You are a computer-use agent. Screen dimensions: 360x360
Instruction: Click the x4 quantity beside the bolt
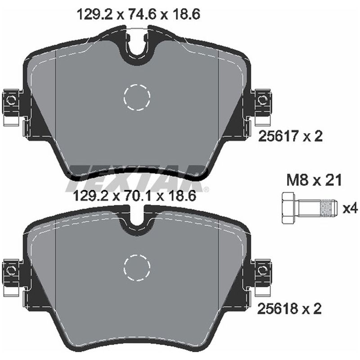(x=350, y=209)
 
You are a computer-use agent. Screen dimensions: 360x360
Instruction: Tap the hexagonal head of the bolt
(x=289, y=208)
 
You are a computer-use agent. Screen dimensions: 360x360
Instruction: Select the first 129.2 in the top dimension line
(x=88, y=14)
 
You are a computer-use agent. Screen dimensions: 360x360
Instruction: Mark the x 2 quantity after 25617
(x=314, y=137)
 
